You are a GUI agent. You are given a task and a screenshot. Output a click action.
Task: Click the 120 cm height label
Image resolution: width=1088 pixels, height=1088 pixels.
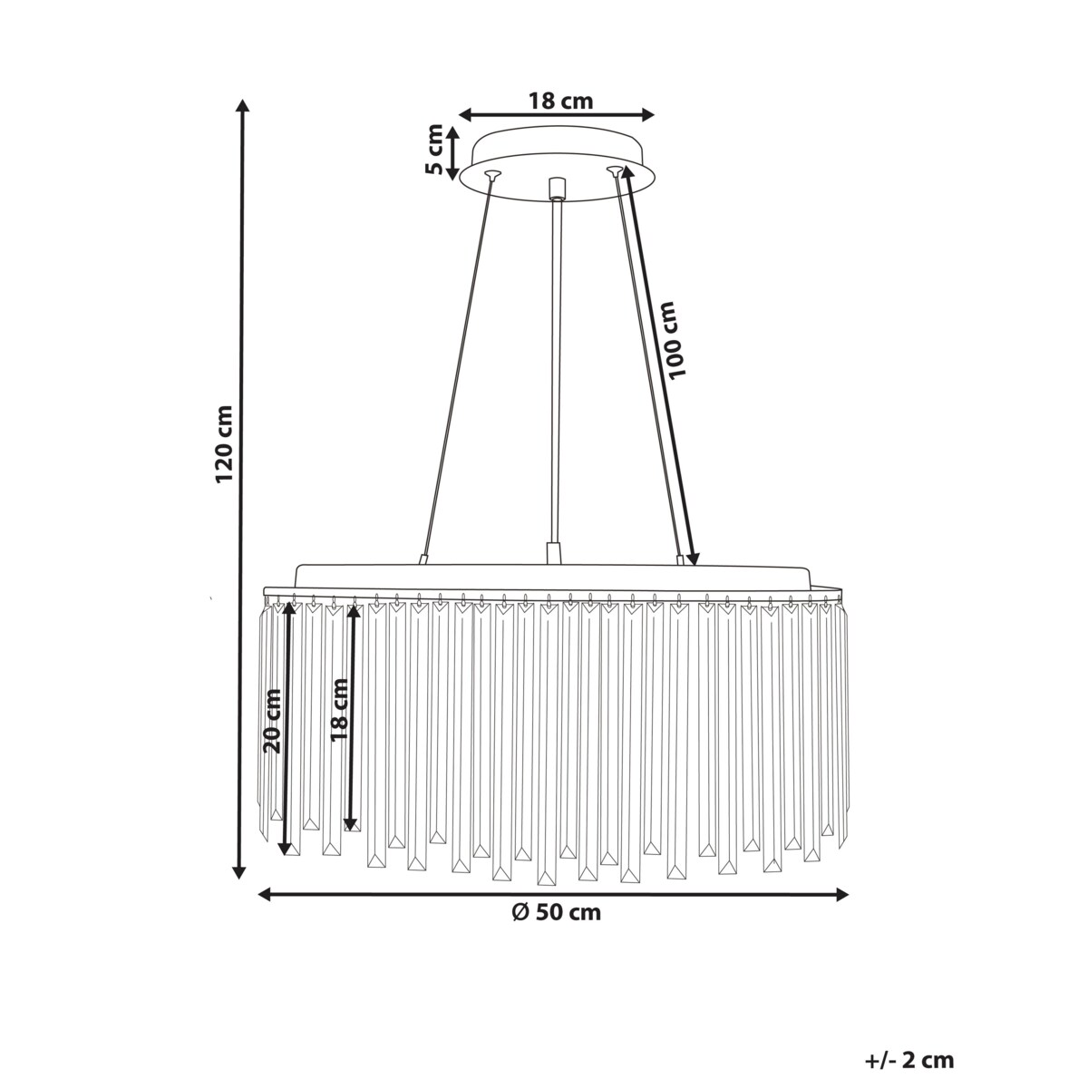click(224, 443)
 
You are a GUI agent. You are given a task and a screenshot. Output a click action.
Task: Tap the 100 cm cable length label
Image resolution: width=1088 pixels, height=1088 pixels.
click(675, 340)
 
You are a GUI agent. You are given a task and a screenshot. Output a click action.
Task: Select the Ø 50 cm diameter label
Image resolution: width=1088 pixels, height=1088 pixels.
click(557, 912)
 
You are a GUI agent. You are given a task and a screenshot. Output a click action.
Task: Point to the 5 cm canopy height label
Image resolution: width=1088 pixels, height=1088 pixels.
click(434, 149)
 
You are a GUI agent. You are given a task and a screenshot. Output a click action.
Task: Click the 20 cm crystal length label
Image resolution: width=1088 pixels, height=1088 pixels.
click(273, 721)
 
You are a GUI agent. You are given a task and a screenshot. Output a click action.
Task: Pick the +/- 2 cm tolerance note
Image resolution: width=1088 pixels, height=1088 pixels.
click(909, 1029)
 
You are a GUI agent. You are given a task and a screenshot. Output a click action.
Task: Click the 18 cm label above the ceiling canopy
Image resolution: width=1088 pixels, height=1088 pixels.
click(560, 102)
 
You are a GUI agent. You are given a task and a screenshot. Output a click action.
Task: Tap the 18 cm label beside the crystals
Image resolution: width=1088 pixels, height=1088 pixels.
click(339, 709)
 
